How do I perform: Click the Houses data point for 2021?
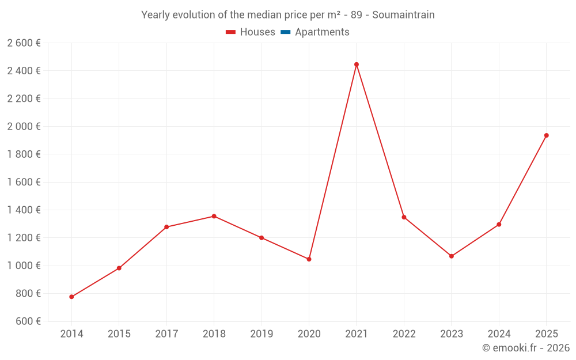[x=357, y=65]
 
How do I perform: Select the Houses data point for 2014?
[x=71, y=297]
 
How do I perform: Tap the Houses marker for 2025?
[x=547, y=135]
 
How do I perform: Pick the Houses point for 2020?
[x=309, y=259]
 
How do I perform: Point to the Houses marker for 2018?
[x=214, y=216]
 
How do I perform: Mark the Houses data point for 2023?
[x=452, y=256]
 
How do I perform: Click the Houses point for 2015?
[x=119, y=268]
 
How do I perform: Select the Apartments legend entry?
[x=322, y=32]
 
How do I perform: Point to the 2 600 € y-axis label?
[x=24, y=43]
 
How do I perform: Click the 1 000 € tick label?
[x=24, y=266]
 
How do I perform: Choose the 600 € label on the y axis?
[x=27, y=321]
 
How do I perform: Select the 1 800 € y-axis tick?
[x=24, y=154]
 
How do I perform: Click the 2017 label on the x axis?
[x=166, y=334]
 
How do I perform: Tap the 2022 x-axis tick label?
[x=404, y=334]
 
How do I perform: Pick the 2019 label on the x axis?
[x=262, y=334]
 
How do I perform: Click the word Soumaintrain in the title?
[x=403, y=15]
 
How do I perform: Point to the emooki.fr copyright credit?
[x=526, y=348]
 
